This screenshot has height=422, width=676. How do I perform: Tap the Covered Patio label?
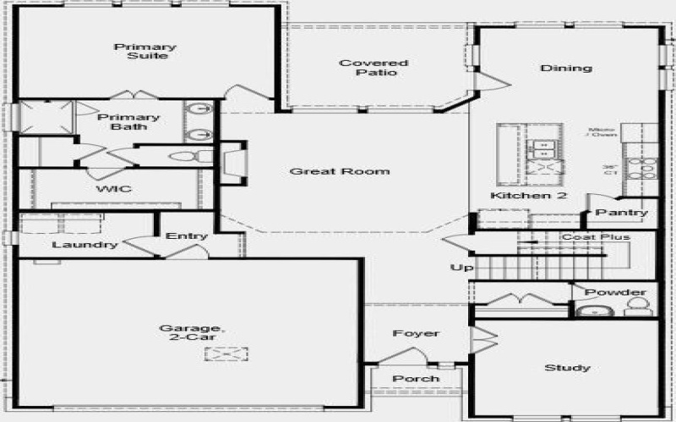click(x=373, y=68)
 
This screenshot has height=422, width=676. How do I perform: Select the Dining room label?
click(x=566, y=68)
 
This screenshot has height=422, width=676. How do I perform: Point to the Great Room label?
click(x=340, y=171)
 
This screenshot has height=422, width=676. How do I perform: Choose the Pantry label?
click(x=622, y=213)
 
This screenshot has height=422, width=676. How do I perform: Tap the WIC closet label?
click(x=112, y=189)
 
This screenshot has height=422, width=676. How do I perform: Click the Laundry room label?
click(x=84, y=245)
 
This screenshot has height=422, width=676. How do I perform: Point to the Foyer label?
click(x=416, y=333)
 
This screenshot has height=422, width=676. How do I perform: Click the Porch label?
click(x=416, y=378)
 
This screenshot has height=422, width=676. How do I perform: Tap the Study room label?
click(x=567, y=368)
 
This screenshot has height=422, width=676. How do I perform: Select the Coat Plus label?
click(x=597, y=237)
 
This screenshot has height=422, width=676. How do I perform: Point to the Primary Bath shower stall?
click(x=46, y=116)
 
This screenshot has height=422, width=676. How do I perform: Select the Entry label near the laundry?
click(x=187, y=235)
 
